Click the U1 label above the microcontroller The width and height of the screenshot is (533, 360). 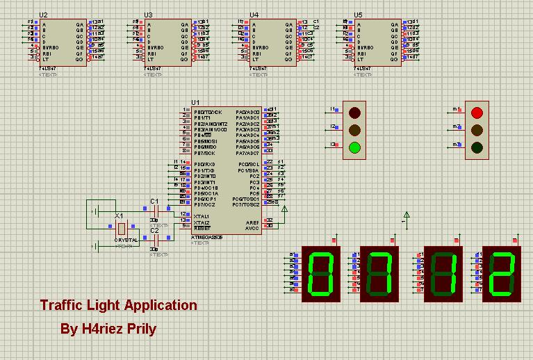tap(195, 103)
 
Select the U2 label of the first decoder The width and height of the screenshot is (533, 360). tap(44, 15)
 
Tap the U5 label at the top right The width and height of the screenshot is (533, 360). tap(358, 15)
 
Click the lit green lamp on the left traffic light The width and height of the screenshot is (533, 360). tap(355, 147)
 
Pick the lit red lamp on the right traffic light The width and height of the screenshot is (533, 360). tap(477, 112)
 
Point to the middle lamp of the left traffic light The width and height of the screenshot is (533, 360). tap(355, 129)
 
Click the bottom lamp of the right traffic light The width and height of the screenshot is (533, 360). tap(477, 147)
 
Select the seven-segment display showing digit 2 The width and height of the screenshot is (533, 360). tap(503, 274)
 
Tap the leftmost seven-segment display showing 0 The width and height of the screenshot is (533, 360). tap(320, 274)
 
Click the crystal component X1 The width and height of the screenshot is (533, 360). tap(122, 228)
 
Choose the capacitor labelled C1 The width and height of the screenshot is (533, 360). tap(156, 210)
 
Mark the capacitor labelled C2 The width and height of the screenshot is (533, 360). tap(156, 239)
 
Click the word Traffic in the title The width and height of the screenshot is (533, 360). tap(63, 305)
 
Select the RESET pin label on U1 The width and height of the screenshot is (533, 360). tap(203, 227)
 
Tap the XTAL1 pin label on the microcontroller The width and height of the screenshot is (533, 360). tap(203, 215)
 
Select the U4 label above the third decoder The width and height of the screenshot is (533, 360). tap(254, 15)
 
